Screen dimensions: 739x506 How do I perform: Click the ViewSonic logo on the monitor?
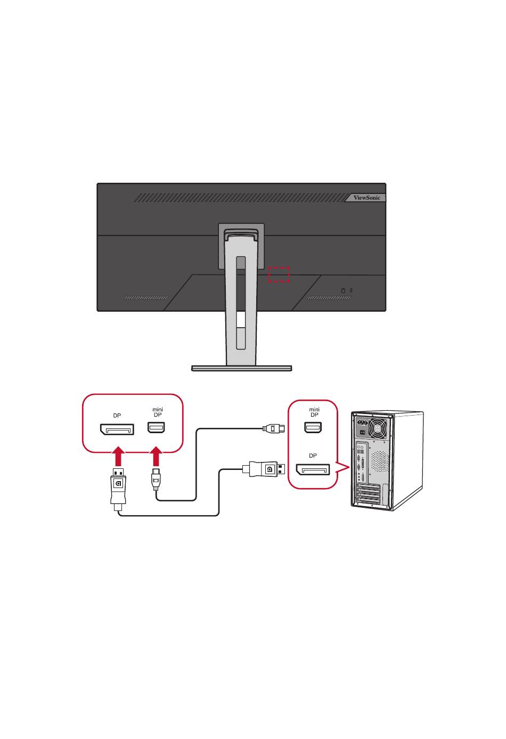pos(368,198)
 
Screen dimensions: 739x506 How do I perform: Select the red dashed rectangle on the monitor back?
pos(279,274)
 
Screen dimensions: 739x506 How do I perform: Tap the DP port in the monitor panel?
pos(117,428)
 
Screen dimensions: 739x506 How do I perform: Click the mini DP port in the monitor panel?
pos(157,427)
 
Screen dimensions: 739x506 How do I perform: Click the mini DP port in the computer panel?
pos(313,427)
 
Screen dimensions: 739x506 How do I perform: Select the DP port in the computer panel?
pos(313,470)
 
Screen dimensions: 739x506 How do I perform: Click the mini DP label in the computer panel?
pos(314,412)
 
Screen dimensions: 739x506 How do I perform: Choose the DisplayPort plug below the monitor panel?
pos(118,488)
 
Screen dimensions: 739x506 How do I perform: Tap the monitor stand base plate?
pos(242,368)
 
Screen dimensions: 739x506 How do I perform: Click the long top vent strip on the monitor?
pos(240,198)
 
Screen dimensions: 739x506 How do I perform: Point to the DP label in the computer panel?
pos(313,456)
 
